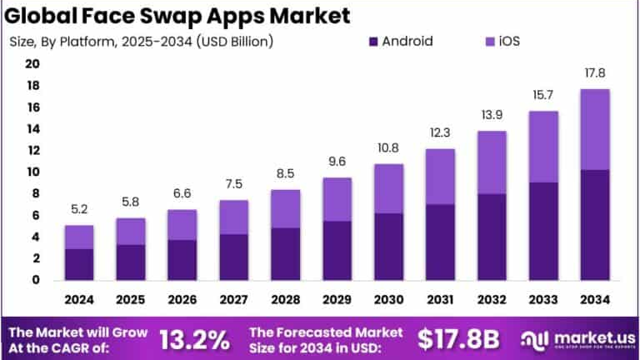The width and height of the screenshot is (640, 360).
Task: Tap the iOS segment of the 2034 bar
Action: pyautogui.click(x=596, y=129)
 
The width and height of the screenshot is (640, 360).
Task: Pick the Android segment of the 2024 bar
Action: pyautogui.click(x=79, y=264)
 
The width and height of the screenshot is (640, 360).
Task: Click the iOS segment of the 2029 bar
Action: pyautogui.click(x=337, y=199)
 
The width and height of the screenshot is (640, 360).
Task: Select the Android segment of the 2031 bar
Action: pyautogui.click(x=441, y=242)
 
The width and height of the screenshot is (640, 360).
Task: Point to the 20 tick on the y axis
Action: pyautogui.click(x=32, y=64)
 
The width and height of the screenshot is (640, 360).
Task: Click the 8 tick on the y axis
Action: pyautogui.click(x=36, y=193)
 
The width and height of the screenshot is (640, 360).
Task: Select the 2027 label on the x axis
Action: pyautogui.click(x=234, y=300)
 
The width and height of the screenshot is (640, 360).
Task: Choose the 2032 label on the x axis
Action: pyautogui.click(x=492, y=300)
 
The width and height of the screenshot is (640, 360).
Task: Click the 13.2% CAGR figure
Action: pyautogui.click(x=194, y=339)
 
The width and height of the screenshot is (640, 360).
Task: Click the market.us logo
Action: pyautogui.click(x=575, y=339)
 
